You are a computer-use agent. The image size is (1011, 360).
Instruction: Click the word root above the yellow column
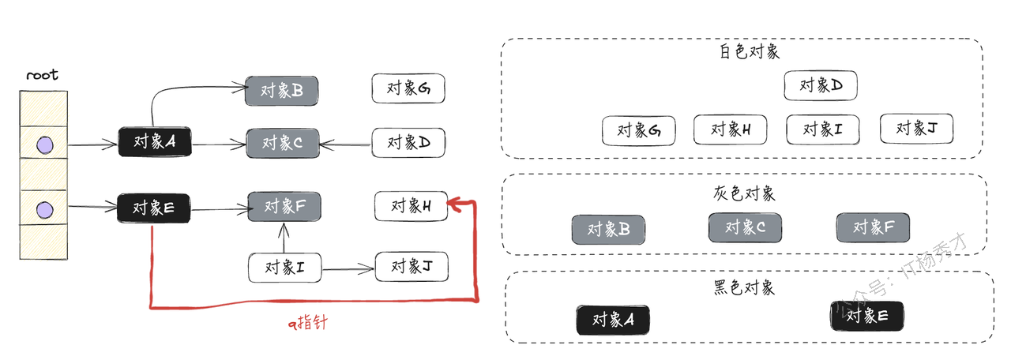point(42,76)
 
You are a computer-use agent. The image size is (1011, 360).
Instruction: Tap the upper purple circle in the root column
point(45,144)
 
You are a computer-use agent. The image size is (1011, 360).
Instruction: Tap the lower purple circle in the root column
point(45,209)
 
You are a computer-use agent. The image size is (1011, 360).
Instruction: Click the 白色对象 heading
point(750,52)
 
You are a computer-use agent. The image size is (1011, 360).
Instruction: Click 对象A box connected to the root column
point(155,142)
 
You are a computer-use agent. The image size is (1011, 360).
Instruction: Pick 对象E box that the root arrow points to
point(154,208)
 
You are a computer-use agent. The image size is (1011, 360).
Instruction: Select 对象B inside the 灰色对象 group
point(608,230)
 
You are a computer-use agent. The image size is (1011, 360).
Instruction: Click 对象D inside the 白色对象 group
point(821,85)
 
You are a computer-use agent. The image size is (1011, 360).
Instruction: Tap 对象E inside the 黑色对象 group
point(867,316)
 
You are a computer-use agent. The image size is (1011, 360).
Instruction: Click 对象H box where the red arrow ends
point(411,206)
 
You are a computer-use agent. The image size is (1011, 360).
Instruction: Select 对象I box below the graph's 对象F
point(285,267)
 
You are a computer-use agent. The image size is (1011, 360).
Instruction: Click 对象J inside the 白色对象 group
point(916,129)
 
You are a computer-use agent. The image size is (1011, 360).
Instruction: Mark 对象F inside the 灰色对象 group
point(873,227)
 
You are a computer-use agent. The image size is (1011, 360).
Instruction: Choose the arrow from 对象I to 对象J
point(348,269)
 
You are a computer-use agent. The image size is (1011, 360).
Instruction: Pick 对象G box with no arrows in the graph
point(408,88)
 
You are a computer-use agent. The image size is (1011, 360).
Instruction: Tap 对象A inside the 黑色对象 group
point(613,320)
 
